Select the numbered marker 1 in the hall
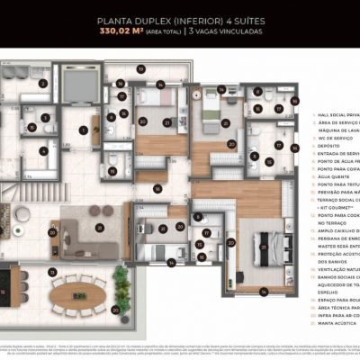(84, 130)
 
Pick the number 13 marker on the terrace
(53, 271)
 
